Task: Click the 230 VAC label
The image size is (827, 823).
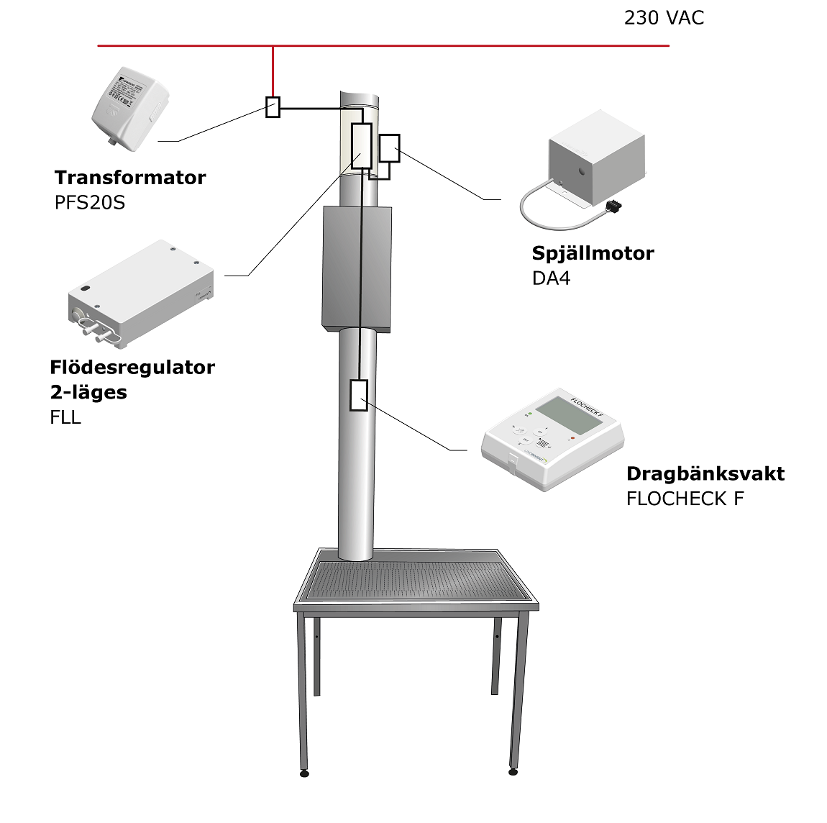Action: click(663, 18)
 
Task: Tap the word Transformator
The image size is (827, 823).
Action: click(130, 178)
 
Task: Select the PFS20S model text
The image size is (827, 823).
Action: click(90, 203)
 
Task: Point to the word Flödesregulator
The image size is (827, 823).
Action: click(132, 368)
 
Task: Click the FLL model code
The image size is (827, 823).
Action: click(65, 417)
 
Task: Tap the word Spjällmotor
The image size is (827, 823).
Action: click(593, 253)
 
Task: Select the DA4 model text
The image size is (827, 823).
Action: click(551, 278)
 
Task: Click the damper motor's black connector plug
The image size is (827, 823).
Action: click(613, 206)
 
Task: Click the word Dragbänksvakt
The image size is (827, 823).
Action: click(705, 473)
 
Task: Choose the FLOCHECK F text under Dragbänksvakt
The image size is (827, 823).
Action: click(685, 499)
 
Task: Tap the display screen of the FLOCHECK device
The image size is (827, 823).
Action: click(569, 413)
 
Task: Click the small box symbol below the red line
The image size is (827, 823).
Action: click(273, 107)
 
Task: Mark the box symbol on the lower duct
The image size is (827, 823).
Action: click(358, 395)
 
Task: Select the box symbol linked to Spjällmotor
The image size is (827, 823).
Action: click(389, 147)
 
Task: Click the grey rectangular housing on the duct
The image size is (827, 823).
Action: click(357, 268)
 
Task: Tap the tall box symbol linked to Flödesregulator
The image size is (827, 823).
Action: click(362, 146)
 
